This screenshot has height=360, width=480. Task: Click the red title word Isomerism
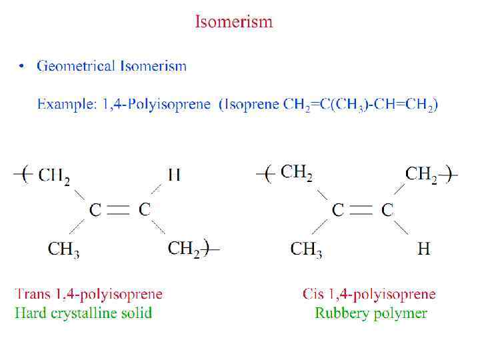tap(233, 22)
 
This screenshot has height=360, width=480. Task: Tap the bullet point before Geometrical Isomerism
tap(22, 66)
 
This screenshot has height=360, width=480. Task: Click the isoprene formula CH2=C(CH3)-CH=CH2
tap(360, 105)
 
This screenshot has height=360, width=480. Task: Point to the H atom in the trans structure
tap(174, 175)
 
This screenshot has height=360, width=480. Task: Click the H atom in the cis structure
tap(424, 249)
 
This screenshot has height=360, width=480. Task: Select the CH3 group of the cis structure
tap(306, 249)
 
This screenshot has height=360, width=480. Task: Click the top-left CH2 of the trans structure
tap(54, 176)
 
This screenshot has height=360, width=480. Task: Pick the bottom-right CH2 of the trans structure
tap(183, 249)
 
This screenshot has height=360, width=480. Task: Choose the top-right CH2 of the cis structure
tap(421, 175)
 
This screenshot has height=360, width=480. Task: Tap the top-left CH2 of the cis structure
tap(296, 173)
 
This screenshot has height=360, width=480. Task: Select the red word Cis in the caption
tap(313, 293)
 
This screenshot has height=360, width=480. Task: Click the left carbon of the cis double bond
tap(338, 210)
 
